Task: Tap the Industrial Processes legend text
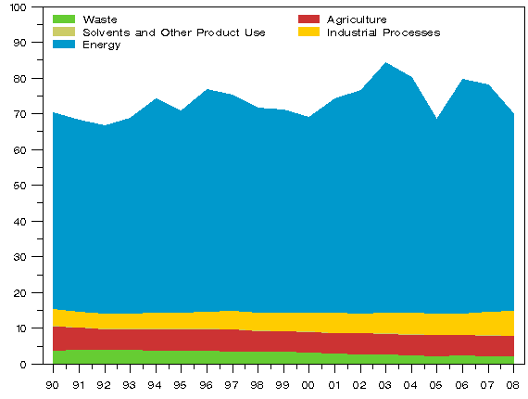383,32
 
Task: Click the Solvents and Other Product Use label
174,32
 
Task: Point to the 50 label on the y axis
21,186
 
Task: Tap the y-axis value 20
21,292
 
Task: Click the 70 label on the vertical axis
21,114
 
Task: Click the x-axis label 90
53,383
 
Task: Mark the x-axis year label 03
385,383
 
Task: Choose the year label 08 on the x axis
513,383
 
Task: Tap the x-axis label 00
308,383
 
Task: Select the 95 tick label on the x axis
181,383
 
